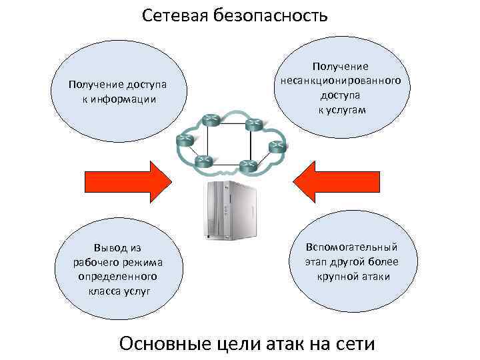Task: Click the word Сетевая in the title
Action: pos(175,15)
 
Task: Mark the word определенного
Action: pos(118,276)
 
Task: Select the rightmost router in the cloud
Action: pos(276,147)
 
